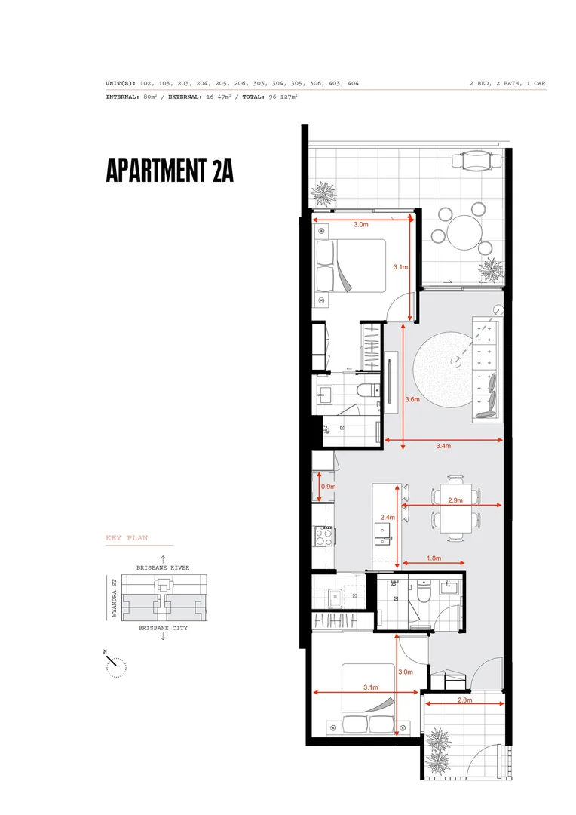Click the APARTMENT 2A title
(170, 171)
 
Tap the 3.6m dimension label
(412, 399)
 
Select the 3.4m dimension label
(443, 447)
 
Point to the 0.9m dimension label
(328, 487)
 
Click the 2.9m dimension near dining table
(455, 500)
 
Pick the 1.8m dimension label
(434, 559)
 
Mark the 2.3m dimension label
(464, 700)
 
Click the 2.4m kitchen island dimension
(388, 518)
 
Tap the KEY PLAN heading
(126, 538)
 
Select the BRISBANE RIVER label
(163, 567)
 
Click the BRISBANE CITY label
(162, 628)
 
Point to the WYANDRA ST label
(114, 598)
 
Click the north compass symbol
(115, 665)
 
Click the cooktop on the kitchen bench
(323, 537)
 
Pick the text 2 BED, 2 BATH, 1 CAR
(507, 83)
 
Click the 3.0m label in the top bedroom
(361, 224)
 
